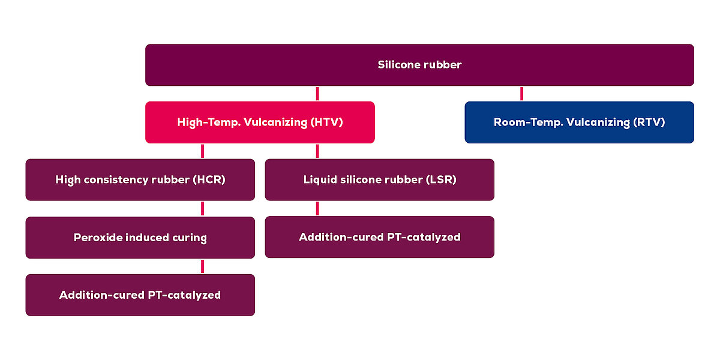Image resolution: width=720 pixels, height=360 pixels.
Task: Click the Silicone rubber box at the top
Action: [419, 65]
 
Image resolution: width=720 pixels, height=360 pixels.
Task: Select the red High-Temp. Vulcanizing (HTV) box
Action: [260, 122]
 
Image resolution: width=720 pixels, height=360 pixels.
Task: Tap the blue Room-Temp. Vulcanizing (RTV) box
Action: [579, 122]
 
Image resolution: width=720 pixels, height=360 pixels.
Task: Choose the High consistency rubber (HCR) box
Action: [140, 179]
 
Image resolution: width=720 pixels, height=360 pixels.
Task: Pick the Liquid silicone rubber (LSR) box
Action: [379, 179]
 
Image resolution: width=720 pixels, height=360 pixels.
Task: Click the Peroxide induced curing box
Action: [140, 238]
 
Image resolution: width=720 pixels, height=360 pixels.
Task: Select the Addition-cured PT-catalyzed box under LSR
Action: [379, 237]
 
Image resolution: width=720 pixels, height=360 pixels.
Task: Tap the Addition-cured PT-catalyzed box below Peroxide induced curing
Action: [140, 295]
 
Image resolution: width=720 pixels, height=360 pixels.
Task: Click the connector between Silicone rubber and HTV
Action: [317, 94]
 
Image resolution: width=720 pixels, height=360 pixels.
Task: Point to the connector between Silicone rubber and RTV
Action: [521, 94]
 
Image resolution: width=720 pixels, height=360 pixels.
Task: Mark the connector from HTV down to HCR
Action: [203, 151]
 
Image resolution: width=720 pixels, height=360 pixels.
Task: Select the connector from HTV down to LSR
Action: [317, 151]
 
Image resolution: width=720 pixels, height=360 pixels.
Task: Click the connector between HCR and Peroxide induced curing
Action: [203, 209]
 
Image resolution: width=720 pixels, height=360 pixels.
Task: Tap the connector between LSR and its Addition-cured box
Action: [317, 208]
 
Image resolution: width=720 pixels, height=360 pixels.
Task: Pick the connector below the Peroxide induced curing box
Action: [203, 266]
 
